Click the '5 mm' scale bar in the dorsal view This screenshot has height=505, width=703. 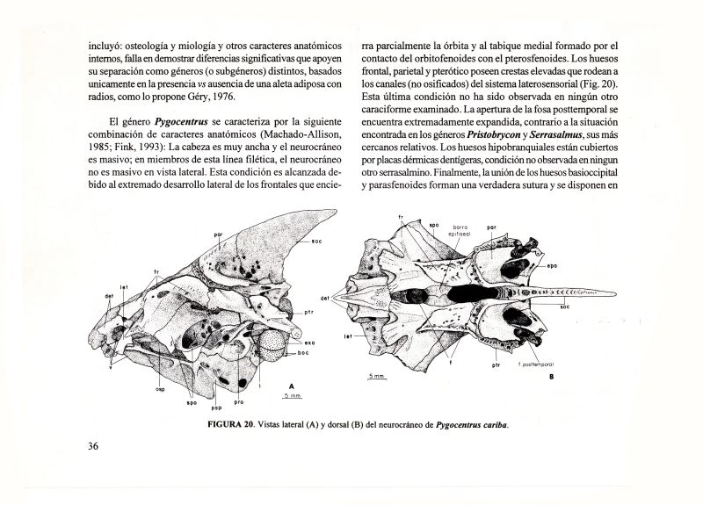click(376, 378)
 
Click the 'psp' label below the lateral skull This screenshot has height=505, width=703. click(216, 408)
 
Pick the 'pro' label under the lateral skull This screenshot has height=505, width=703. click(239, 403)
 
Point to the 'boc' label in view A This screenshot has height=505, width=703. click(304, 353)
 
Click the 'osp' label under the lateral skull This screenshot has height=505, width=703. click(161, 389)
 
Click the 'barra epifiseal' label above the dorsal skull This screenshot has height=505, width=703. click(460, 229)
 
